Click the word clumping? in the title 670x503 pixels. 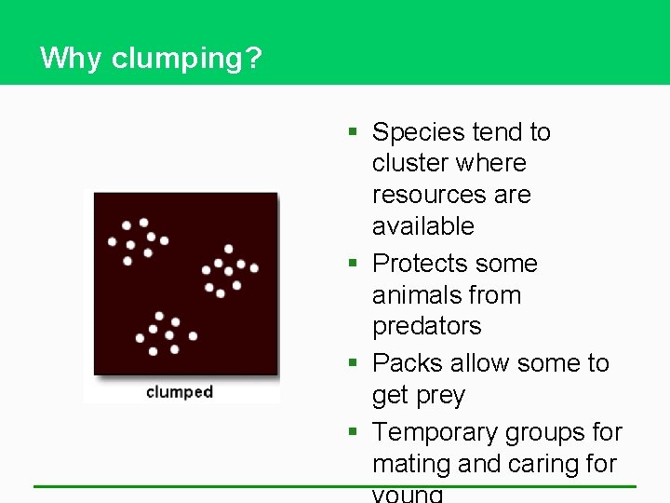click(x=187, y=60)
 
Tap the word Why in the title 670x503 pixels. click(x=72, y=59)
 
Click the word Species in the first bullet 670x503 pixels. click(x=415, y=133)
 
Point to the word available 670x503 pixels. click(x=422, y=226)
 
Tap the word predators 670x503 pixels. click(x=427, y=327)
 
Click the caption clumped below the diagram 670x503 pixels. click(x=180, y=392)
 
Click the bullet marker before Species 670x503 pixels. click(x=354, y=133)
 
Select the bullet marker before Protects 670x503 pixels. click(x=354, y=264)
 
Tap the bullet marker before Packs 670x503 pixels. click(x=354, y=364)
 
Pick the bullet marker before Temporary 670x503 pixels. click(x=354, y=433)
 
